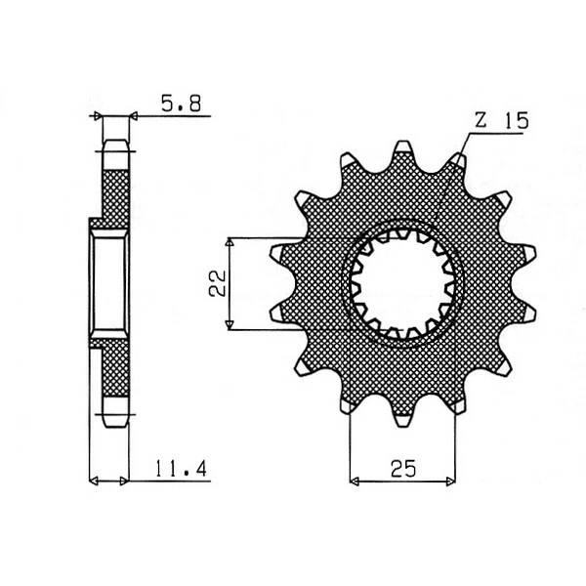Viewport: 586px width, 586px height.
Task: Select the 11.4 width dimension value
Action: [x=181, y=469]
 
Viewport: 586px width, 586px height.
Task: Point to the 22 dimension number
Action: [x=218, y=282]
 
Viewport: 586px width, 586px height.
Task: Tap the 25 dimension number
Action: [x=402, y=468]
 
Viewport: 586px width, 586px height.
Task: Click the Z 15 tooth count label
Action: [x=500, y=121]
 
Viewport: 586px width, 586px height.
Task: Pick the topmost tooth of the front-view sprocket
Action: [x=401, y=153]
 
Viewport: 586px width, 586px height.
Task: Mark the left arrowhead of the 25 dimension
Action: [x=355, y=481]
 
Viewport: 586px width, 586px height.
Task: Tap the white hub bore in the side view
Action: [x=109, y=282]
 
